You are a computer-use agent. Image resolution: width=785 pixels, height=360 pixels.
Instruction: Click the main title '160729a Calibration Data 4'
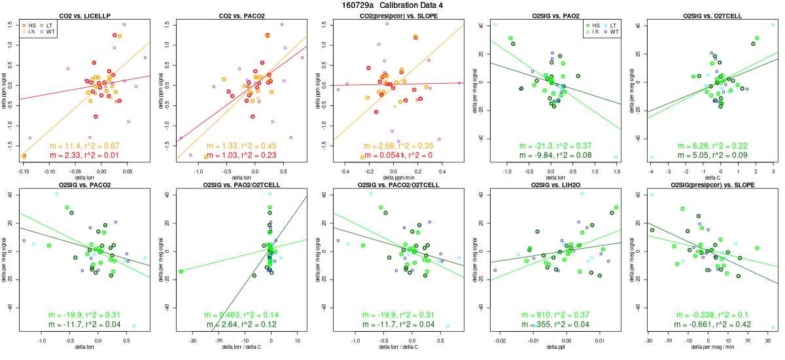(392, 5)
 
